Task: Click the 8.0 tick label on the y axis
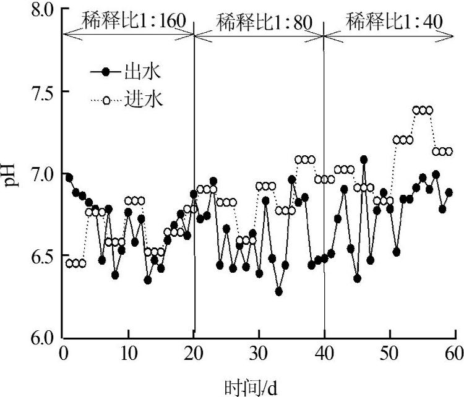[40, 10]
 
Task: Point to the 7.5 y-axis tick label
[40, 92]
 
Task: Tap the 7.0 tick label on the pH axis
[40, 174]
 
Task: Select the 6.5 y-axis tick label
[40, 255]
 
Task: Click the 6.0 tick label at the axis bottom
[40, 338]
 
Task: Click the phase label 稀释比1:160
[128, 21]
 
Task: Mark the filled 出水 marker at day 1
[69, 177]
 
